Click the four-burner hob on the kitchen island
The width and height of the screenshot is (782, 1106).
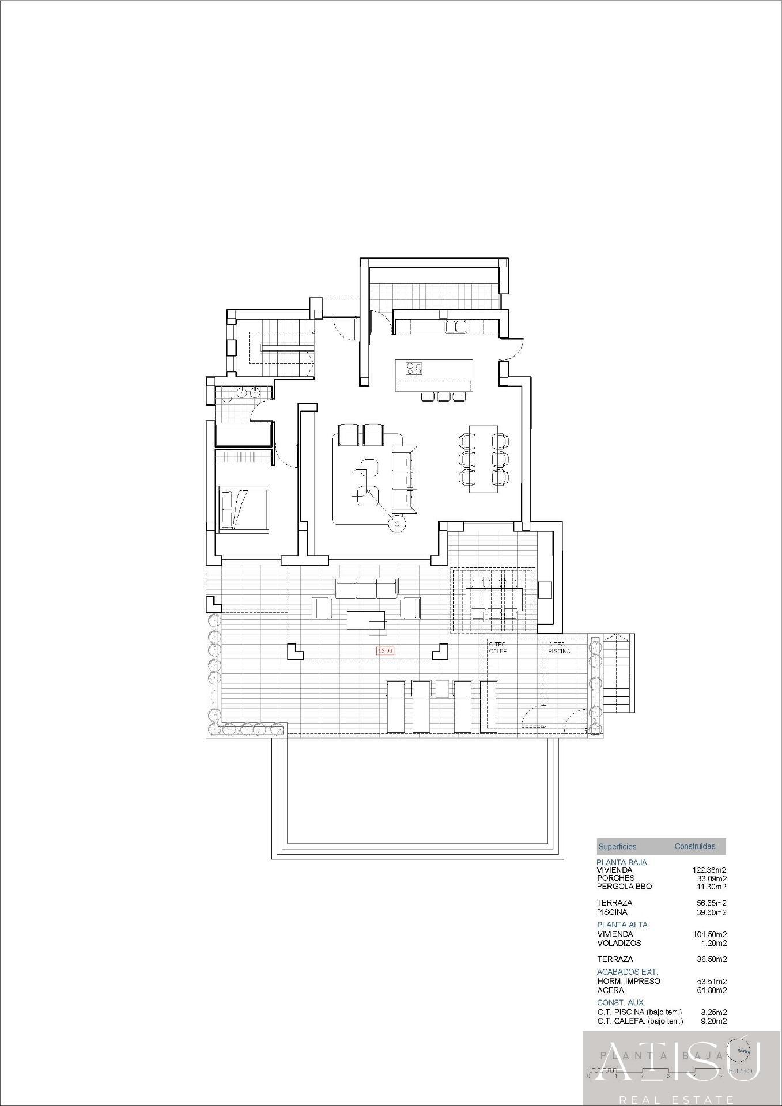point(414,369)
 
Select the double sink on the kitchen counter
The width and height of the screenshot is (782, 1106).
point(456,327)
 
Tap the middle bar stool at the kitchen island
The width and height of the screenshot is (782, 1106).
point(443,396)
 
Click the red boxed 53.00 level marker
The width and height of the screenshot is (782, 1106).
point(385,651)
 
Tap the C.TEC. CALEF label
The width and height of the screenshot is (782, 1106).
point(497,647)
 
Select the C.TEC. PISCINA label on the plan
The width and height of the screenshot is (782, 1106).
point(559,647)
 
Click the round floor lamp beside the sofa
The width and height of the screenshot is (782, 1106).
point(396,523)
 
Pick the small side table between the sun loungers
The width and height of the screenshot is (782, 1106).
point(442,689)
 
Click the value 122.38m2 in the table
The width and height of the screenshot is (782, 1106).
point(709,870)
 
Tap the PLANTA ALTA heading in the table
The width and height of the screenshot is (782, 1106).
point(622,925)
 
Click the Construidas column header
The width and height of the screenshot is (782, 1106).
point(694,846)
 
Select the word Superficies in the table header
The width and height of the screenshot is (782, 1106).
point(617,846)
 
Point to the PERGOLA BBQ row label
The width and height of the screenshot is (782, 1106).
point(624,887)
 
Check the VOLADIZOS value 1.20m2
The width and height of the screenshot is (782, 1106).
point(714,943)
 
